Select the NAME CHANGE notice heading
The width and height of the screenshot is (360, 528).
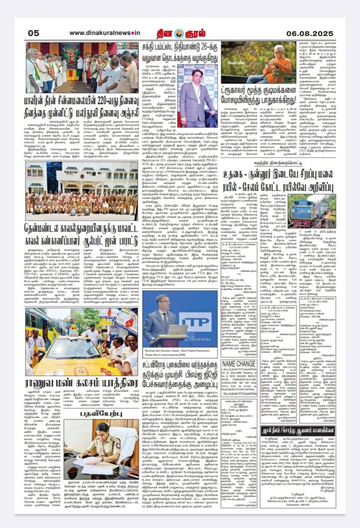[x=238, y=349]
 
